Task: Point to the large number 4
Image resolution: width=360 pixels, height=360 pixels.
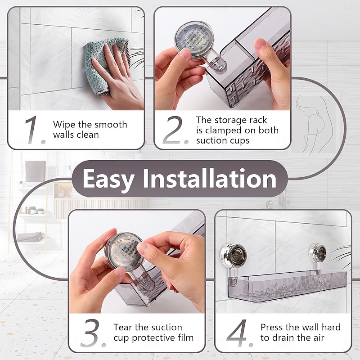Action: pyautogui.click(x=238, y=333)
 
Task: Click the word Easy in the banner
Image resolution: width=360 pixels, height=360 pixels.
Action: pyautogui.click(x=108, y=179)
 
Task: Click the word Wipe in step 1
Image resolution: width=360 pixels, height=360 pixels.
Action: pyautogui.click(x=63, y=125)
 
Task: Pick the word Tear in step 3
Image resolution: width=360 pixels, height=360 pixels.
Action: pyautogui.click(x=123, y=327)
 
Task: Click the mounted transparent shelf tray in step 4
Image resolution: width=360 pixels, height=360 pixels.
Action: pyautogui.click(x=288, y=283)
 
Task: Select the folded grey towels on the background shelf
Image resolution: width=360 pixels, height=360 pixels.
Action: pyautogui.click(x=31, y=237)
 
